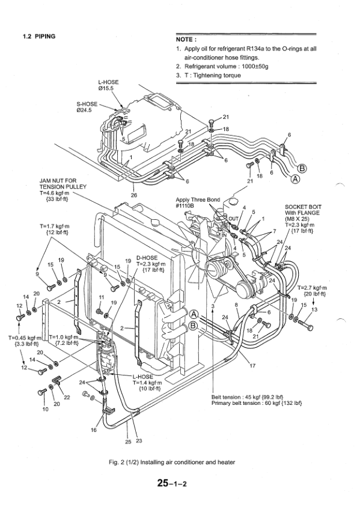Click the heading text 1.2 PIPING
[x=38, y=37]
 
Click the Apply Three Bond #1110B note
[x=198, y=202]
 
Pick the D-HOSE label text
[x=147, y=257]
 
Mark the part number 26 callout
[x=133, y=195]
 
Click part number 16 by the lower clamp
[x=93, y=430]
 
